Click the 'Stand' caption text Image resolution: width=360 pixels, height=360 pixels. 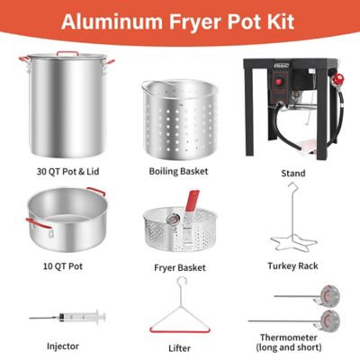(292, 173)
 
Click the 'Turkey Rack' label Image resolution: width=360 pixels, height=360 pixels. (292, 265)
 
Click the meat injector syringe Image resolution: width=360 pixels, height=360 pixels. (67, 317)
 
